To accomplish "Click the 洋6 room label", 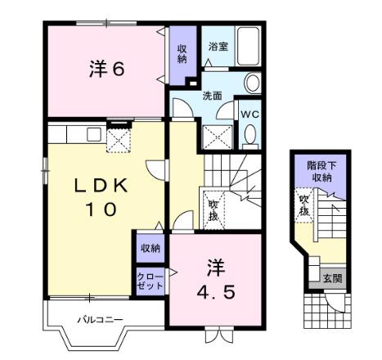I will click(x=106, y=70).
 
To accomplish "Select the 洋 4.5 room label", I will click(x=215, y=279).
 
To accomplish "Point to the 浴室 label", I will click(x=217, y=47).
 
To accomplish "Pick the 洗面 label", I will click(x=212, y=95).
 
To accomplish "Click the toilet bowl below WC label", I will click(x=250, y=134).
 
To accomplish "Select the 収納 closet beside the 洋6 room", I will click(x=182, y=54).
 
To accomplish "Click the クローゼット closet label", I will click(x=150, y=282).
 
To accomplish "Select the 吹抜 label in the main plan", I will click(x=213, y=209).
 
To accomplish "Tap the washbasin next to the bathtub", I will click(x=252, y=84).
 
